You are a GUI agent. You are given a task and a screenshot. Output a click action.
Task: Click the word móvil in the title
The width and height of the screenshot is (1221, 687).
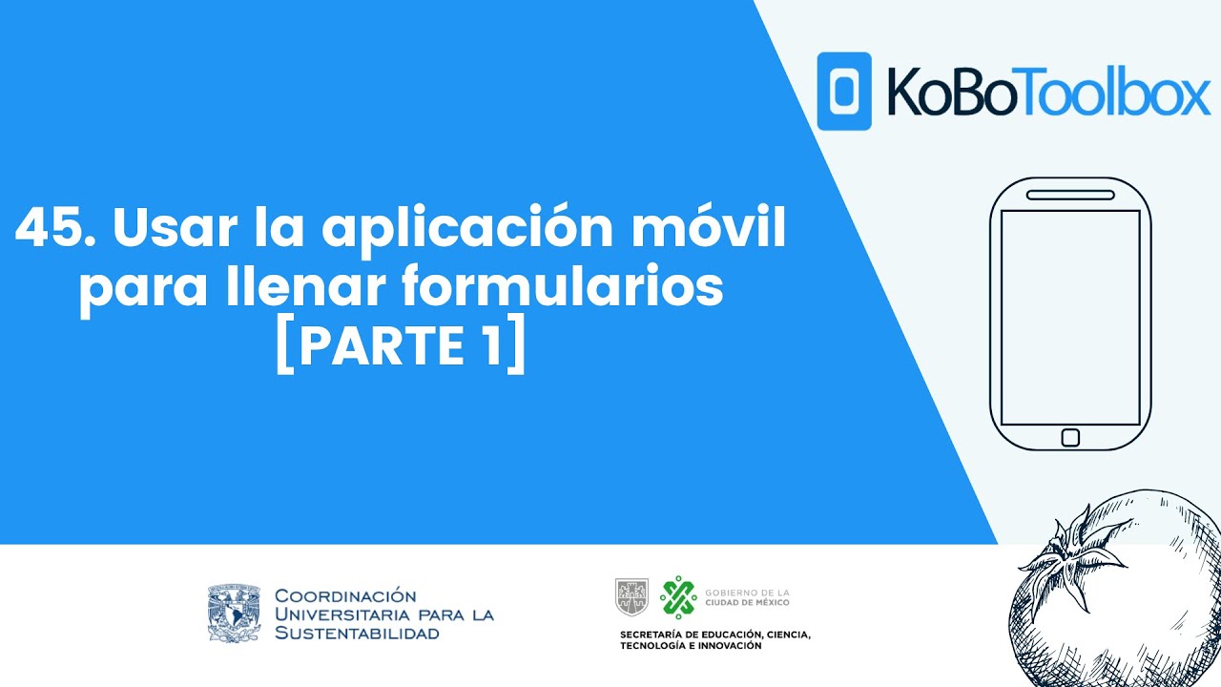(x=734, y=231)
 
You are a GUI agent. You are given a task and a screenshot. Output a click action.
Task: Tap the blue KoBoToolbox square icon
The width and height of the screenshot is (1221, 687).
(x=844, y=91)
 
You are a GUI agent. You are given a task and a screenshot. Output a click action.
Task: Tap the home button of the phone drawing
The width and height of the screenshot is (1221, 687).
(x=1070, y=437)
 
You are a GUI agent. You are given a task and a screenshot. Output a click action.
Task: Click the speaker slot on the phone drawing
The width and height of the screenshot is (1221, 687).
(x=1070, y=195)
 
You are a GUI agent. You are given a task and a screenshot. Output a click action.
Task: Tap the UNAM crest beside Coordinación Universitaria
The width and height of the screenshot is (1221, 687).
(x=234, y=614)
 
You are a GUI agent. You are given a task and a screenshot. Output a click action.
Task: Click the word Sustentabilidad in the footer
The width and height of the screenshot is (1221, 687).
(x=357, y=633)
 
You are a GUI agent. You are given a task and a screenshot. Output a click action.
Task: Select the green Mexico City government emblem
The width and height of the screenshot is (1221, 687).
(x=678, y=596)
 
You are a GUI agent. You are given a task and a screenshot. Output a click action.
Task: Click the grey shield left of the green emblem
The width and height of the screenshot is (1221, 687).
(x=631, y=596)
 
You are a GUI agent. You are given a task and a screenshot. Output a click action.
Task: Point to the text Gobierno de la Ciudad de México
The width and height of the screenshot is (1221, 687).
(x=747, y=597)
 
